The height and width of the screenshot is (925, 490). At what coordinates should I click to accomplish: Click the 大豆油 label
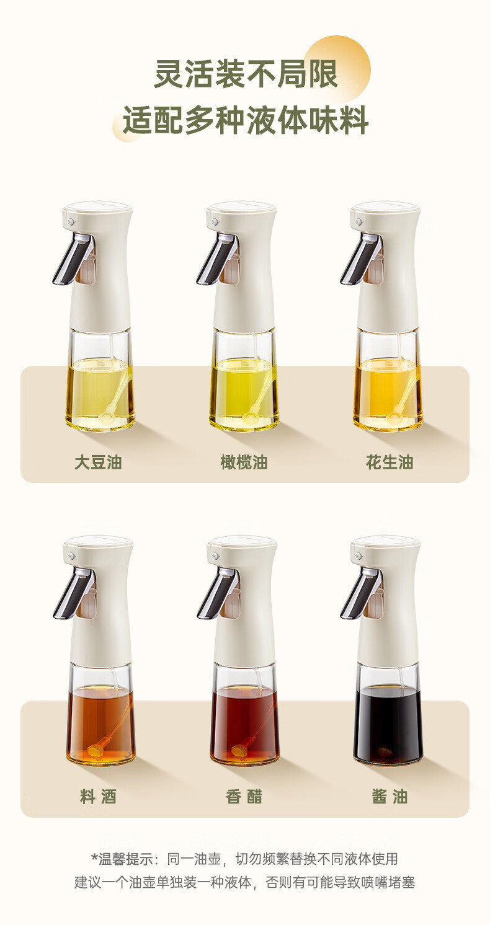pyautogui.click(x=99, y=462)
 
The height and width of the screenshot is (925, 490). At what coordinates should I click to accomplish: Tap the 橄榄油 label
pyautogui.click(x=244, y=462)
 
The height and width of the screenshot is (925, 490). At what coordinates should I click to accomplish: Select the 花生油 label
pyautogui.click(x=390, y=462)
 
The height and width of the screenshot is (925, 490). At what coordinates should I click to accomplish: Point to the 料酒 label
pyautogui.click(x=99, y=797)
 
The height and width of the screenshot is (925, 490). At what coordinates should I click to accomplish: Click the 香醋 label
pyautogui.click(x=244, y=797)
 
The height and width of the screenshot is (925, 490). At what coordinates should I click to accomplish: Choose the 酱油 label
pyautogui.click(x=390, y=797)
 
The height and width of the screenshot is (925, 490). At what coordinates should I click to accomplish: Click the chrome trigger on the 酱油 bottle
pyautogui.click(x=360, y=593)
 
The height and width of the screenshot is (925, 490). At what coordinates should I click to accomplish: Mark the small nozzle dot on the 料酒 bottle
pyautogui.click(x=71, y=556)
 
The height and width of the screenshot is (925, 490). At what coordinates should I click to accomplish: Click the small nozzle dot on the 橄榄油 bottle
pyautogui.click(x=215, y=222)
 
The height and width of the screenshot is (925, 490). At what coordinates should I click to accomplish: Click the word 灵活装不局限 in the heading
pyautogui.click(x=246, y=74)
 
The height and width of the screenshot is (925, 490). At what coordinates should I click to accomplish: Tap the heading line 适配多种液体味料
pyautogui.click(x=246, y=120)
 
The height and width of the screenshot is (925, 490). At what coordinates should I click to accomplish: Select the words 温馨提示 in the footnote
pyautogui.click(x=125, y=859)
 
